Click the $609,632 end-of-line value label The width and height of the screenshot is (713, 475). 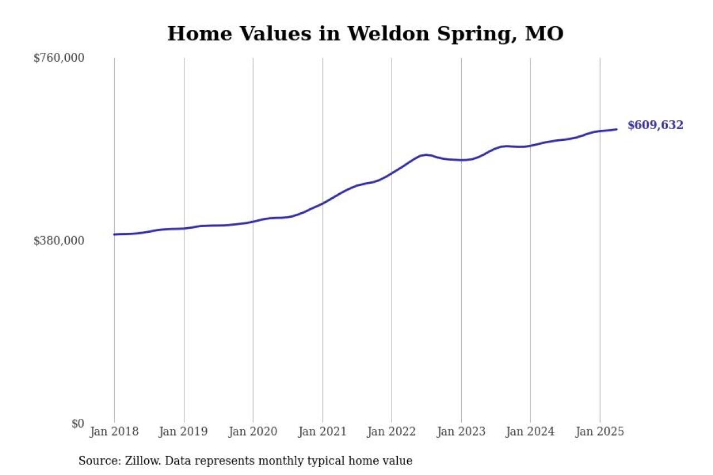pyautogui.click(x=655, y=125)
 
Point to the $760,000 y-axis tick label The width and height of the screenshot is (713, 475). pyautogui.click(x=58, y=58)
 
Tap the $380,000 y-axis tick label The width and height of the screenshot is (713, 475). pyautogui.click(x=58, y=241)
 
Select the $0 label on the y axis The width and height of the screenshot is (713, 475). pyautogui.click(x=77, y=423)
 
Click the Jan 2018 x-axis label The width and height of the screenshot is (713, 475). pyautogui.click(x=114, y=432)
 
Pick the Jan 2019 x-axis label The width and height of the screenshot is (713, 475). pyautogui.click(x=183, y=432)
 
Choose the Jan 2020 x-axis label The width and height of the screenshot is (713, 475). pyautogui.click(x=253, y=432)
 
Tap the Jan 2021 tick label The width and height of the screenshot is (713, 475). pyautogui.click(x=322, y=432)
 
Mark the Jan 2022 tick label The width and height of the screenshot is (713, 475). pyautogui.click(x=392, y=432)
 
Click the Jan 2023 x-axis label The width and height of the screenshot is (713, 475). pyautogui.click(x=461, y=432)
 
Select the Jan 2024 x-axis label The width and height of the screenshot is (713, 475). pyautogui.click(x=530, y=432)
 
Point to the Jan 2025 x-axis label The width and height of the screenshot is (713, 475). pyautogui.click(x=599, y=432)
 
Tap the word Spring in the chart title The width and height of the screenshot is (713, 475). pyautogui.click(x=476, y=35)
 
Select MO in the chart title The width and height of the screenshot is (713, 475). pyautogui.click(x=545, y=33)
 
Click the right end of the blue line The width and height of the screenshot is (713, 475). pyautogui.click(x=617, y=129)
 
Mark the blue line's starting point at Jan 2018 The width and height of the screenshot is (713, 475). pyautogui.click(x=114, y=234)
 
